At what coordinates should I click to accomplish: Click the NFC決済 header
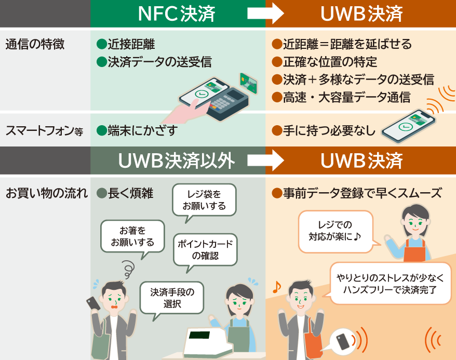click(x=177, y=14)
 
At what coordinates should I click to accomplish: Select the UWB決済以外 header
click(x=177, y=161)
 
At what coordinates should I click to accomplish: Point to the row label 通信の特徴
click(x=35, y=44)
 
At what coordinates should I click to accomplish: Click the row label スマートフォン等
click(x=44, y=131)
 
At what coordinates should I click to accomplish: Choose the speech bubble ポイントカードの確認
click(x=205, y=250)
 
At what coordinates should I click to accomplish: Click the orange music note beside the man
click(x=276, y=286)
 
